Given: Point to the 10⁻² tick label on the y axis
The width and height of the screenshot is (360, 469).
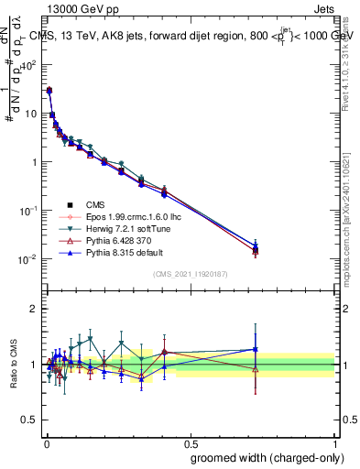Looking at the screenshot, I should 29,259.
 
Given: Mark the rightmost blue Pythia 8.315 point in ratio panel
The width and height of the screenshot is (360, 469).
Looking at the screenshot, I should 256,349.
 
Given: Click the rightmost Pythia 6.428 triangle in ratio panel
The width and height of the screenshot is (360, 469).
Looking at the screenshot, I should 256,369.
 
